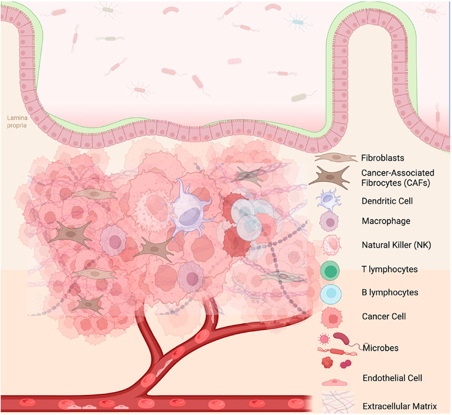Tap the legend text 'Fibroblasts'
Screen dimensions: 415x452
(x=382, y=157)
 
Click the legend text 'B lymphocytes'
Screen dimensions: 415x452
(x=390, y=292)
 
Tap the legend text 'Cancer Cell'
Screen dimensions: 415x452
(x=384, y=316)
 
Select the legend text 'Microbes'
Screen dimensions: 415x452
(x=378, y=348)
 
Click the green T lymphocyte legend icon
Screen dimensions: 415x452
(x=330, y=271)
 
